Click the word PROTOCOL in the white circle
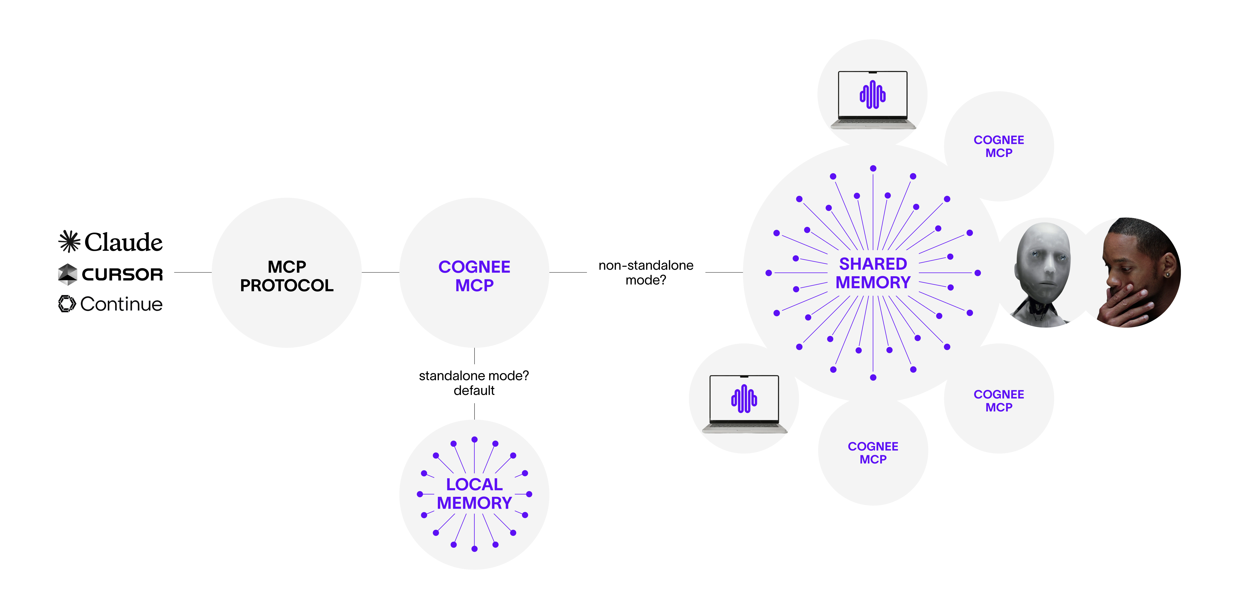coord(287,285)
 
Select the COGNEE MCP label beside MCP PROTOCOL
coord(474,276)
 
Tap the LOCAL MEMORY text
coord(474,493)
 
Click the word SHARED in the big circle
coord(873,264)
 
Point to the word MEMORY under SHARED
coord(873,282)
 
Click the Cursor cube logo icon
coord(67,274)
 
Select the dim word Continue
coord(122,304)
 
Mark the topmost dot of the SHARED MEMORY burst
coord(873,168)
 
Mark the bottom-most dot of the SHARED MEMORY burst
coord(873,378)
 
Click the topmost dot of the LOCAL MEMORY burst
coord(474,439)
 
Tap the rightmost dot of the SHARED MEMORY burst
coord(977,273)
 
